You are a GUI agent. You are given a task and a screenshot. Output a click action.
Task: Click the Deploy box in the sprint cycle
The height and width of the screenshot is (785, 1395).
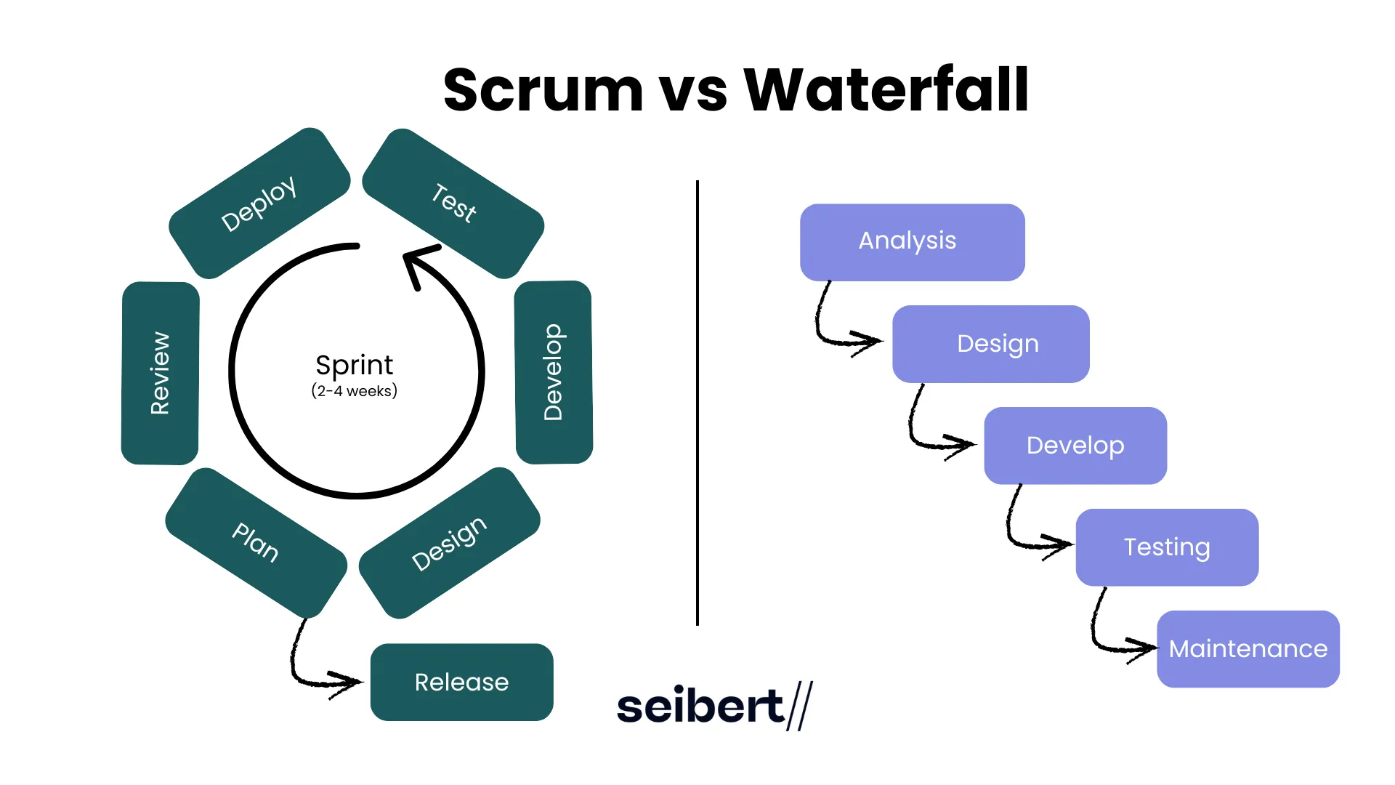[x=259, y=204]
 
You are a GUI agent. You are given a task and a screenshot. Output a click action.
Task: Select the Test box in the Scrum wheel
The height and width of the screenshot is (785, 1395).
[x=453, y=204]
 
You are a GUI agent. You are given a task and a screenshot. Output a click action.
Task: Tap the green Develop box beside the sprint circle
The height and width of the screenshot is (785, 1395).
[x=554, y=372]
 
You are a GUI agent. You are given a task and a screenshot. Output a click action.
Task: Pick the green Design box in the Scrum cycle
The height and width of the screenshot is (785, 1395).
[x=449, y=543]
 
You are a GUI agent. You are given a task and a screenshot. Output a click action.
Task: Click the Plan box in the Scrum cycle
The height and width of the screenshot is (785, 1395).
[x=256, y=542]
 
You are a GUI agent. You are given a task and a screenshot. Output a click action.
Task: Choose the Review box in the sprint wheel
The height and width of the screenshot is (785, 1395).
[x=160, y=373]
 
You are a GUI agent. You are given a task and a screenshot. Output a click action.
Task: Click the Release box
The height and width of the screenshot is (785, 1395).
[x=462, y=682]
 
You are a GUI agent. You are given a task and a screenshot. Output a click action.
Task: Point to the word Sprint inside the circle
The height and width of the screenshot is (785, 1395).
[x=355, y=365]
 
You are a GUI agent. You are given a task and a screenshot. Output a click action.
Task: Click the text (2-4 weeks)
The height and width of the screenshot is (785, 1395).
[x=355, y=391]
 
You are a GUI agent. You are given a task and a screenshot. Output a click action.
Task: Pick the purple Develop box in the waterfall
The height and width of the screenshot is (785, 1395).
[x=1075, y=446]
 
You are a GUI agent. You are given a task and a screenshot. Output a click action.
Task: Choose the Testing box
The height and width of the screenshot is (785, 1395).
[x=1167, y=547]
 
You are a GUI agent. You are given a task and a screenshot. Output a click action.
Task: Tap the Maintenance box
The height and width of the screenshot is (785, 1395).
[x=1248, y=649]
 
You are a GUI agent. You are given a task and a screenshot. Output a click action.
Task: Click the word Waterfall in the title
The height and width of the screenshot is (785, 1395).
[x=886, y=90]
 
